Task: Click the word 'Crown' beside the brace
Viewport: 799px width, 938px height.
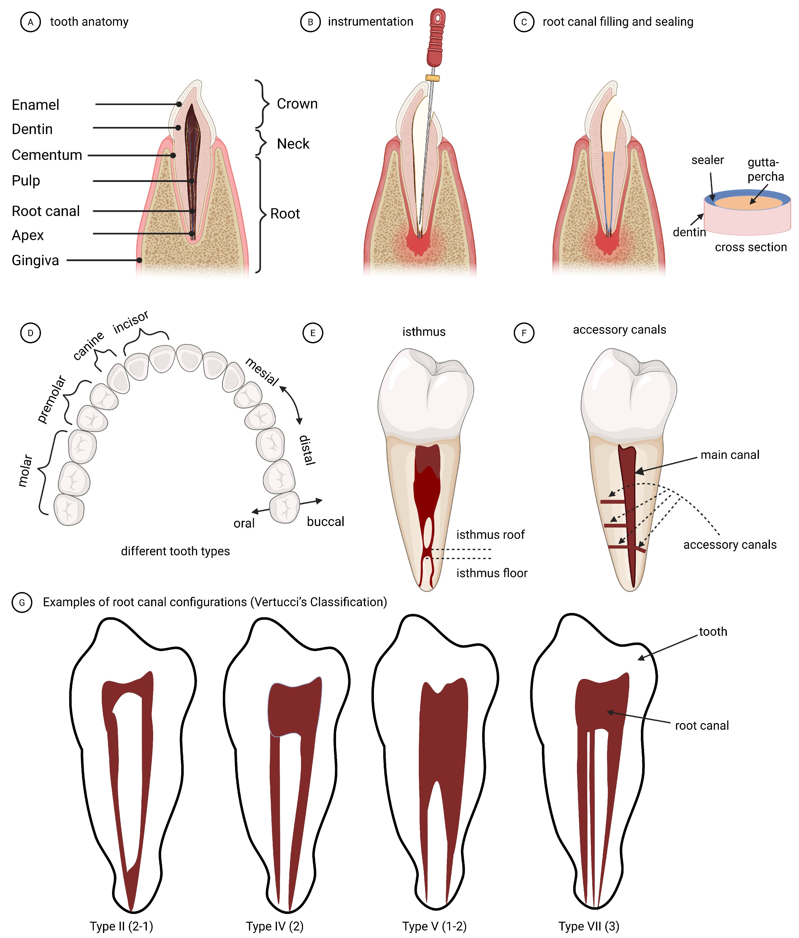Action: (297, 104)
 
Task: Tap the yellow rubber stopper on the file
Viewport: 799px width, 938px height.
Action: (432, 78)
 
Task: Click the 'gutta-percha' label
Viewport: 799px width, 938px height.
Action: (765, 169)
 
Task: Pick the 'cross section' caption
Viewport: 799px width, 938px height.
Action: (751, 247)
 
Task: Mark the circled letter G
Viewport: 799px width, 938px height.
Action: (22, 602)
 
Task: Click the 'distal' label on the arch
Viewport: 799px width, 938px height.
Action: (307, 450)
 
